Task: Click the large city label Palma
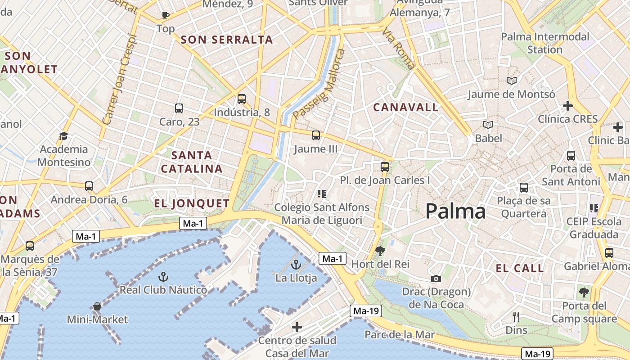click(x=455, y=211)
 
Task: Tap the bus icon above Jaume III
click(x=316, y=135)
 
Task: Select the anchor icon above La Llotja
click(x=296, y=264)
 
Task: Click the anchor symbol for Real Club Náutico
click(x=163, y=276)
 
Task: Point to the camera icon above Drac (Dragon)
click(x=436, y=279)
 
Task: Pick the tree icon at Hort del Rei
click(x=380, y=251)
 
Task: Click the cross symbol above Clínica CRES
click(x=568, y=106)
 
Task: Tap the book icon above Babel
click(x=488, y=125)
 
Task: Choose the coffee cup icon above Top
click(x=166, y=15)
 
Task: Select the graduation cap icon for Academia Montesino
click(x=63, y=136)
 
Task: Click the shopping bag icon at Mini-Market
click(x=97, y=307)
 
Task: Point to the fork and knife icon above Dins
click(x=516, y=317)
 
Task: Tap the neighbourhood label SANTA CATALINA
click(x=192, y=162)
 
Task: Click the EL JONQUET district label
click(x=192, y=203)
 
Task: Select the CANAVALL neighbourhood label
click(x=405, y=107)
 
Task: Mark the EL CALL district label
click(x=520, y=269)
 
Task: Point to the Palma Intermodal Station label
click(x=545, y=43)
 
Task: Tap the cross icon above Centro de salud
click(x=297, y=327)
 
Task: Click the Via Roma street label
click(x=399, y=49)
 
